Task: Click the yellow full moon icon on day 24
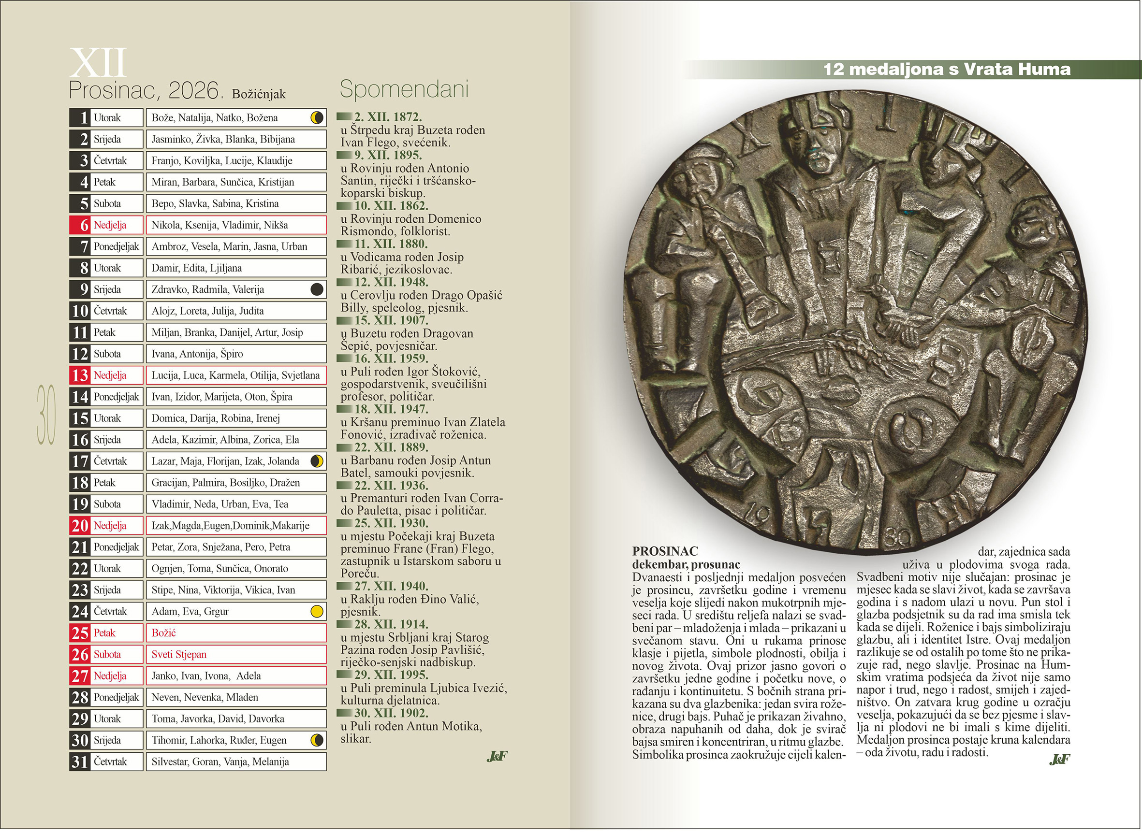[x=316, y=612]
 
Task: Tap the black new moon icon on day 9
[x=316, y=289]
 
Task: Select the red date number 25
[x=80, y=633]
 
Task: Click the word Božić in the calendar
[x=164, y=633]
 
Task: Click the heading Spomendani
[x=404, y=89]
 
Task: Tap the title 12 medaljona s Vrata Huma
[x=946, y=69]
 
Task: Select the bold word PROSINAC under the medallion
[x=665, y=551]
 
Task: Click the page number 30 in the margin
[x=46, y=415]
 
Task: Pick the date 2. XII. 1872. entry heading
[x=387, y=117]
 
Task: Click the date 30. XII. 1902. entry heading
[x=391, y=713]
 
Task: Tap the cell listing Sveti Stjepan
[x=236, y=655]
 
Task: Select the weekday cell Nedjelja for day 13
[x=110, y=375]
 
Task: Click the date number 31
[x=80, y=762]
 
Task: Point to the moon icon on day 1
[x=316, y=118]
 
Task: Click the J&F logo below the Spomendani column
[x=497, y=756]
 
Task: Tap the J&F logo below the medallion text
[x=1059, y=760]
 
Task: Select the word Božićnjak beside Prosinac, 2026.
[x=259, y=94]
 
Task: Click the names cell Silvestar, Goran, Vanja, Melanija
[x=236, y=762]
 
